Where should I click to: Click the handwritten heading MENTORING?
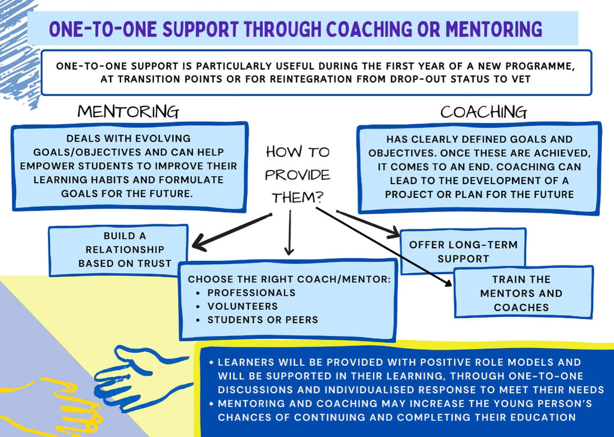[128, 112]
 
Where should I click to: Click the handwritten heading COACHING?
[484, 112]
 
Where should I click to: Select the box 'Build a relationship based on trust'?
[119, 250]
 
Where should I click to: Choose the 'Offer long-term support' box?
[463, 251]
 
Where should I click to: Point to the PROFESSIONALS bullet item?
[251, 293]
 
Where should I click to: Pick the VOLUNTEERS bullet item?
[243, 307]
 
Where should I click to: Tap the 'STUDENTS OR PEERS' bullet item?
[263, 320]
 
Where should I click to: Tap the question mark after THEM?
[320, 197]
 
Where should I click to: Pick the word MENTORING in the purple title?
[494, 29]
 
